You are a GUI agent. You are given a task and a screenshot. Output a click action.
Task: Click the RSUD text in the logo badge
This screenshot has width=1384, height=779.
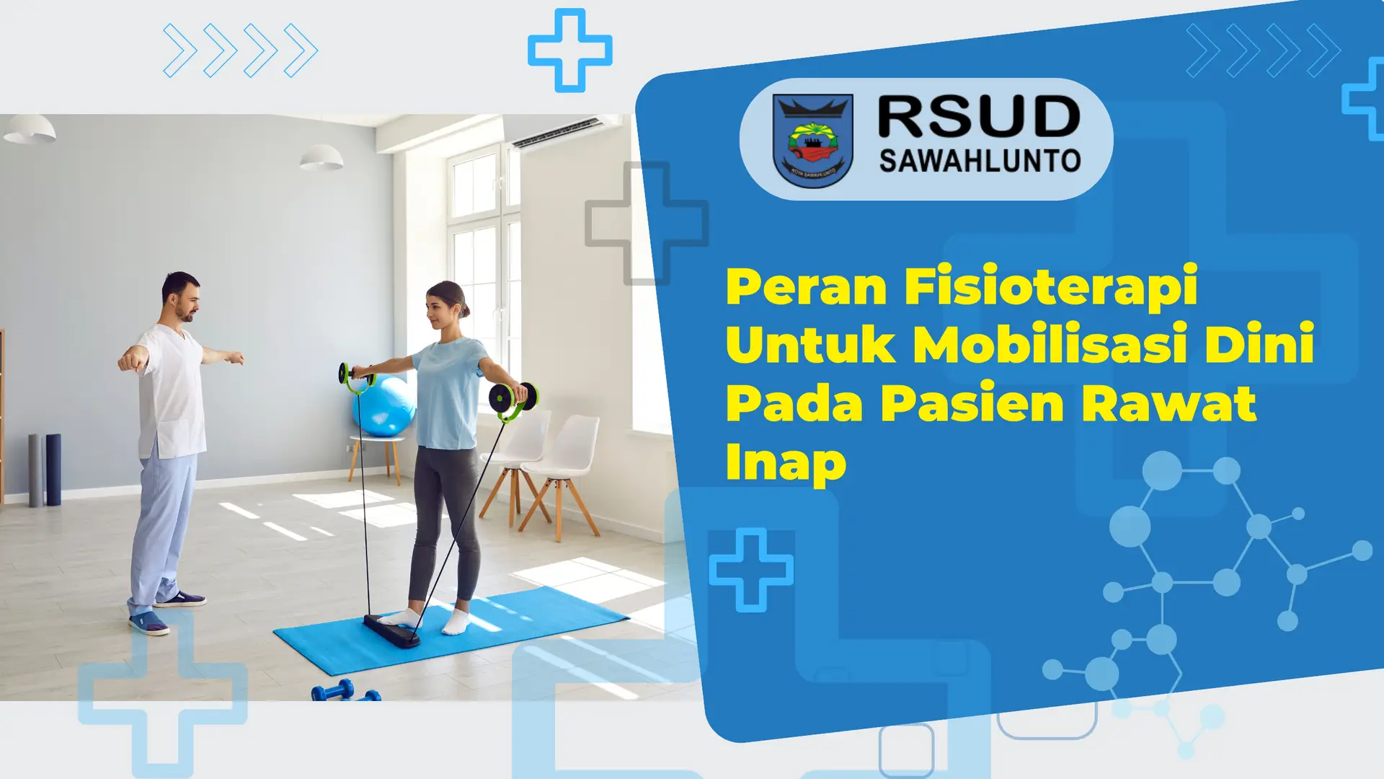tap(979, 117)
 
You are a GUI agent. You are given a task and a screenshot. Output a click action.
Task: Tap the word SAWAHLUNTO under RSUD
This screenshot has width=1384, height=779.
tap(980, 161)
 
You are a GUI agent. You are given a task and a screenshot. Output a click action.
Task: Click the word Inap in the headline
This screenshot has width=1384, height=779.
tap(786, 463)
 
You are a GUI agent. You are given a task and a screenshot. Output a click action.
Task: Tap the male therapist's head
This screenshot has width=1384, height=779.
tap(181, 296)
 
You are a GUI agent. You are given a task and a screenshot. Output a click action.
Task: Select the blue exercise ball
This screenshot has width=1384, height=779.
tap(384, 406)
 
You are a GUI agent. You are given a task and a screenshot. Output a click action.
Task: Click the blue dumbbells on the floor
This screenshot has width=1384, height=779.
tap(345, 691)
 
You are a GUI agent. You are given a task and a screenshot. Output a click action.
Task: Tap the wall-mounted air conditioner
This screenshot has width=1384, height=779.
tap(556, 131)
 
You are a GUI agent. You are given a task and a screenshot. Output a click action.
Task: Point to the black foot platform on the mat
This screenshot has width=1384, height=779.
tap(391, 630)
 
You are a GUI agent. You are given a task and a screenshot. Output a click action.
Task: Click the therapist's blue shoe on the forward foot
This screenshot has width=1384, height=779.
tap(149, 623)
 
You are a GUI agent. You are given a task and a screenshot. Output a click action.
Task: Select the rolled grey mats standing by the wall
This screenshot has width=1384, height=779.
tap(45, 470)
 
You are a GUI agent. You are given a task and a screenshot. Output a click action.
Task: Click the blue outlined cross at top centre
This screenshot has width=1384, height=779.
tap(570, 50)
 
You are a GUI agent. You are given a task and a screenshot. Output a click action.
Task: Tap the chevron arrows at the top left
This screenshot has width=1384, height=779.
tap(241, 50)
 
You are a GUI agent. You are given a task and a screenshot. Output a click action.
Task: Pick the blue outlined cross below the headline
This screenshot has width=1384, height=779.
tap(751, 570)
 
